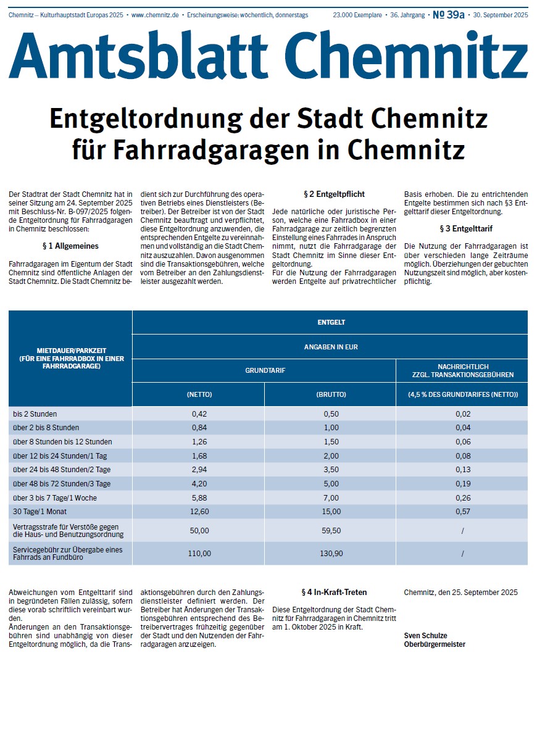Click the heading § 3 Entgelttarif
(x=466, y=228)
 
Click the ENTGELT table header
(x=330, y=322)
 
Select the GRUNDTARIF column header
(x=264, y=371)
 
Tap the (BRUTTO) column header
(x=330, y=394)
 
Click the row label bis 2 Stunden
(x=35, y=414)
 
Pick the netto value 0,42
(x=199, y=414)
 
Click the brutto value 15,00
(x=331, y=511)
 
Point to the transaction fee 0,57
(x=462, y=511)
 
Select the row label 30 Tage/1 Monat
(x=41, y=511)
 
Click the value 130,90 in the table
(x=331, y=554)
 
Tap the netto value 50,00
(x=199, y=530)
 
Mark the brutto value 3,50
(x=331, y=470)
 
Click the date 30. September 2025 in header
(x=501, y=15)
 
